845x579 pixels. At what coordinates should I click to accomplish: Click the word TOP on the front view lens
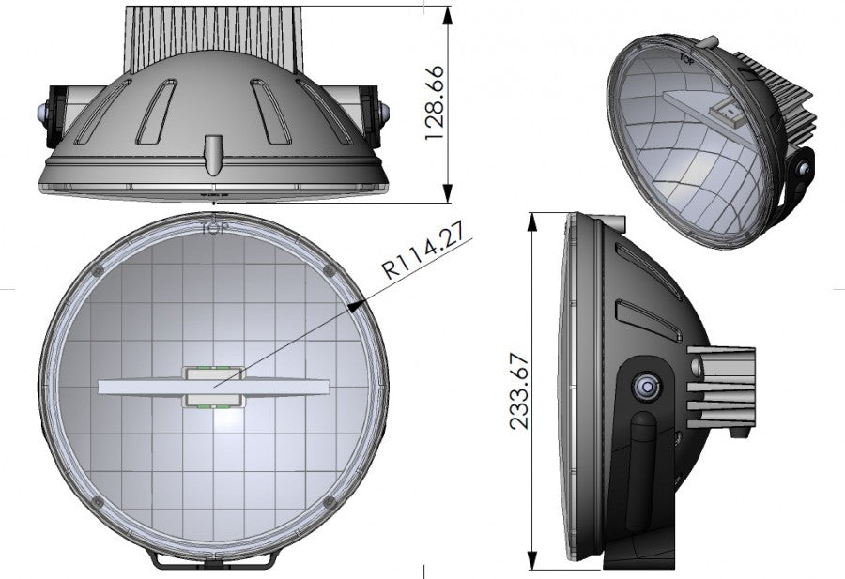214,226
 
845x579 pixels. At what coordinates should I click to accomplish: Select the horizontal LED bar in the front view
214,387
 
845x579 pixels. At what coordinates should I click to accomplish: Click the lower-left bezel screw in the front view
100,503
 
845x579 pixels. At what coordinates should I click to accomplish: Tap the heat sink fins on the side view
723,386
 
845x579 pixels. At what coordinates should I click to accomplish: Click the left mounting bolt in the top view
45,112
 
